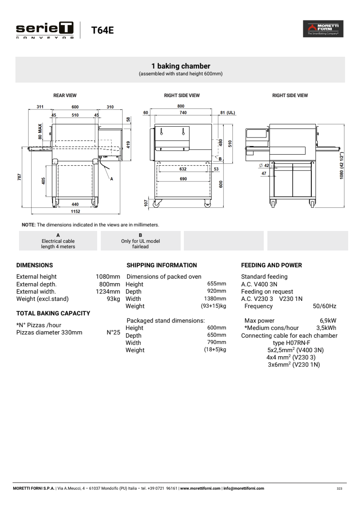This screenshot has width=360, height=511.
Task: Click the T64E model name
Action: [102, 30]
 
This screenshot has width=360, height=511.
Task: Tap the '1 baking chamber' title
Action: [180, 66]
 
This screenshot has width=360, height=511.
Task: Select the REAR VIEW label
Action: [65, 96]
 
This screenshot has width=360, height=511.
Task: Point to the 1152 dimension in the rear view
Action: [75, 211]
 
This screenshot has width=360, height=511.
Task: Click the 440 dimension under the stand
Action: [75, 205]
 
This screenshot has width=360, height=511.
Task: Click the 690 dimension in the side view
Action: [183, 179]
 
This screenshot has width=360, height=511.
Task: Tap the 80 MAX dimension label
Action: [40, 131]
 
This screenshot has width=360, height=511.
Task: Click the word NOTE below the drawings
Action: [28, 225]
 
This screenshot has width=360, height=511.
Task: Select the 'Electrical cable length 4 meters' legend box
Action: [58, 241]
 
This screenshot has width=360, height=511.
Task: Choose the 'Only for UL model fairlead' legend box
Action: [140, 241]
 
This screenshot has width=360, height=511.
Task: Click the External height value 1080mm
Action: [108, 276]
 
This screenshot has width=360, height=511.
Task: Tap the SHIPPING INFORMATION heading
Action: [162, 265]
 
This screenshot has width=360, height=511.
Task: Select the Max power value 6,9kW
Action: [328, 320]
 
